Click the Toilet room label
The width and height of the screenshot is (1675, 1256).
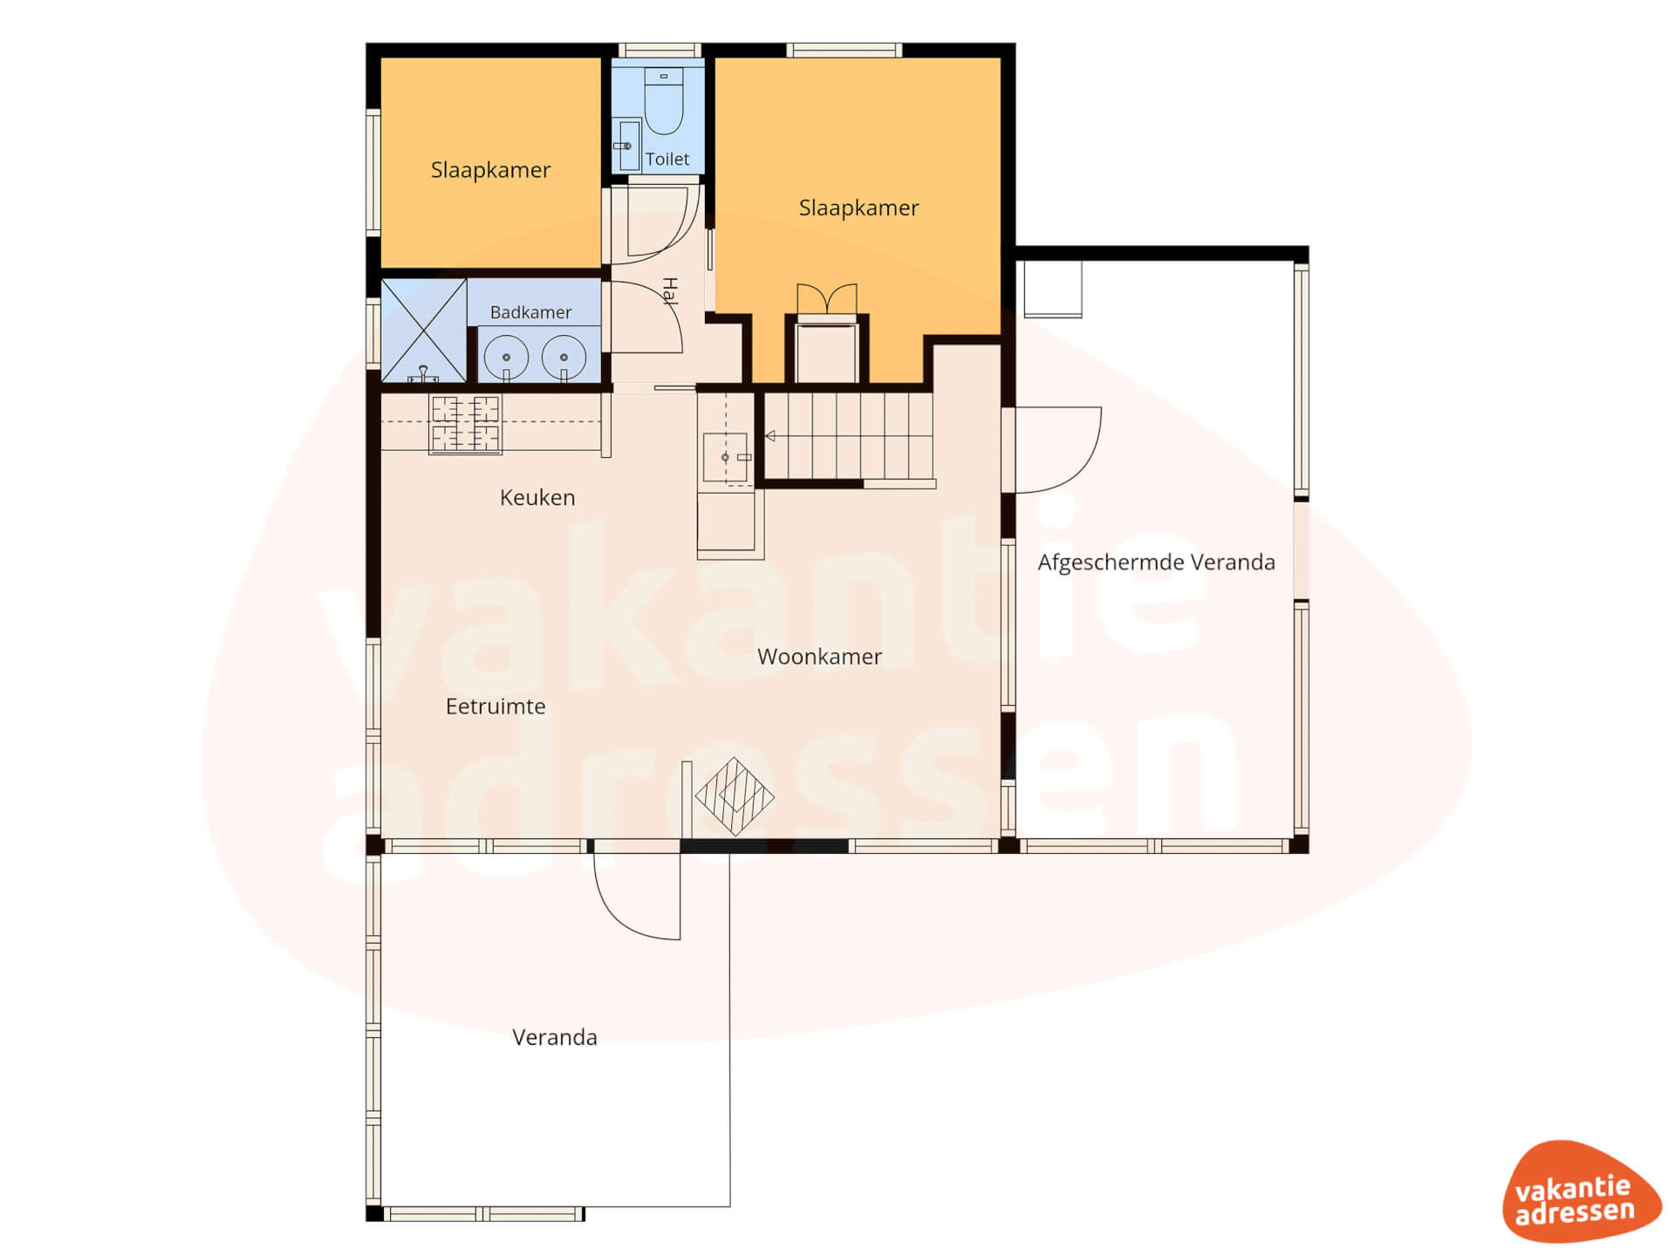coord(667,159)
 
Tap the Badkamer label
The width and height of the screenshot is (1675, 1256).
coord(530,312)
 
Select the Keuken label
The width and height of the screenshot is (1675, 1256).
coord(537,497)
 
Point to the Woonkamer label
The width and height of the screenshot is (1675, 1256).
coord(819,656)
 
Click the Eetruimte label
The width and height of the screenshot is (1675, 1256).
coord(496,706)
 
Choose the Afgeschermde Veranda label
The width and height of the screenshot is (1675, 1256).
coord(1156,563)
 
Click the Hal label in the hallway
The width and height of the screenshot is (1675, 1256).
coord(670,291)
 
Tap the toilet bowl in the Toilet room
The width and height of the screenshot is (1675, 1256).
coord(664,101)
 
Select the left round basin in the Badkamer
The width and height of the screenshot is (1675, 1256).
coord(506,358)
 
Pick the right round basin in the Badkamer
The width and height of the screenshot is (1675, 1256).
coord(564,358)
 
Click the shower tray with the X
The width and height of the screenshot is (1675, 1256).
coord(424,331)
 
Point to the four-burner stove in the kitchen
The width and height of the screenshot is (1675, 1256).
coord(465,424)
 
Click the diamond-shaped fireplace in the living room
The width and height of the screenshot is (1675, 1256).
coord(735,796)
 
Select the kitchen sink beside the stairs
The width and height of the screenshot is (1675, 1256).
coord(726,457)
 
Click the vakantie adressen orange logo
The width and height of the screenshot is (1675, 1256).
coord(1581,1191)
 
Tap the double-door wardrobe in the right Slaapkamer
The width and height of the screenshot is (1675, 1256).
coord(827,298)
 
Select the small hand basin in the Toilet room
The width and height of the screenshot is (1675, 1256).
coord(628,145)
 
